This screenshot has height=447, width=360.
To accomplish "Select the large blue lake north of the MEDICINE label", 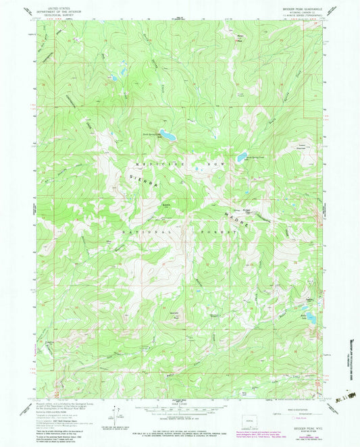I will click(x=167, y=136).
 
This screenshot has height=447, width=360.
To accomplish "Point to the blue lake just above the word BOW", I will click(x=240, y=159).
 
